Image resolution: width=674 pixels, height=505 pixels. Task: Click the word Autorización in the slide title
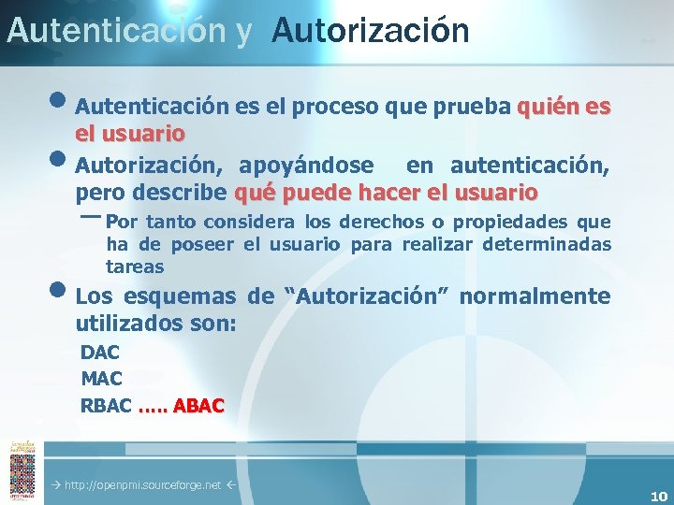click(371, 30)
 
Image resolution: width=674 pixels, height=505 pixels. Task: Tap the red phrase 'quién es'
click(564, 108)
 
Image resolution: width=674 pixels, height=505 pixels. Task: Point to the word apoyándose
click(305, 166)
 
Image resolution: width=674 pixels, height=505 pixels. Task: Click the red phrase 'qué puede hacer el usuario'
click(386, 193)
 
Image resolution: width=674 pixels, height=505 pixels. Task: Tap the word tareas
click(135, 267)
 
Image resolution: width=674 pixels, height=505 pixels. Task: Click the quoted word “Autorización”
click(369, 296)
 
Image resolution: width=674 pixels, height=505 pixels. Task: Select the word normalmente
click(535, 296)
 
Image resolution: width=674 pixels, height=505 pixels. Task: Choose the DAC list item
click(101, 353)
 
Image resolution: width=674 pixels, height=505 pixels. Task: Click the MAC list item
click(102, 379)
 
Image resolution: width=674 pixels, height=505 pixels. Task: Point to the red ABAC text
click(198, 406)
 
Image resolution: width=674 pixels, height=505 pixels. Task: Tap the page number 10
click(658, 497)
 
